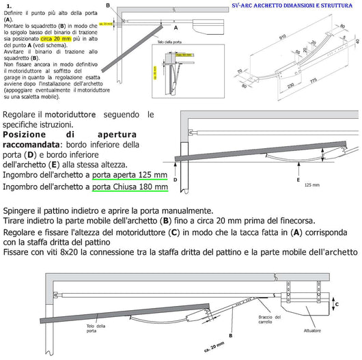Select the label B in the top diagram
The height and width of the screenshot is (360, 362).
point(107,5)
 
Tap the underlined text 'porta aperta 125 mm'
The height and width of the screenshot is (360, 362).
point(130,174)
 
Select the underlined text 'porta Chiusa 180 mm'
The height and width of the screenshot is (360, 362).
point(130,186)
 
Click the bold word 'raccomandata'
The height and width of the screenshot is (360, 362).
point(40,145)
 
